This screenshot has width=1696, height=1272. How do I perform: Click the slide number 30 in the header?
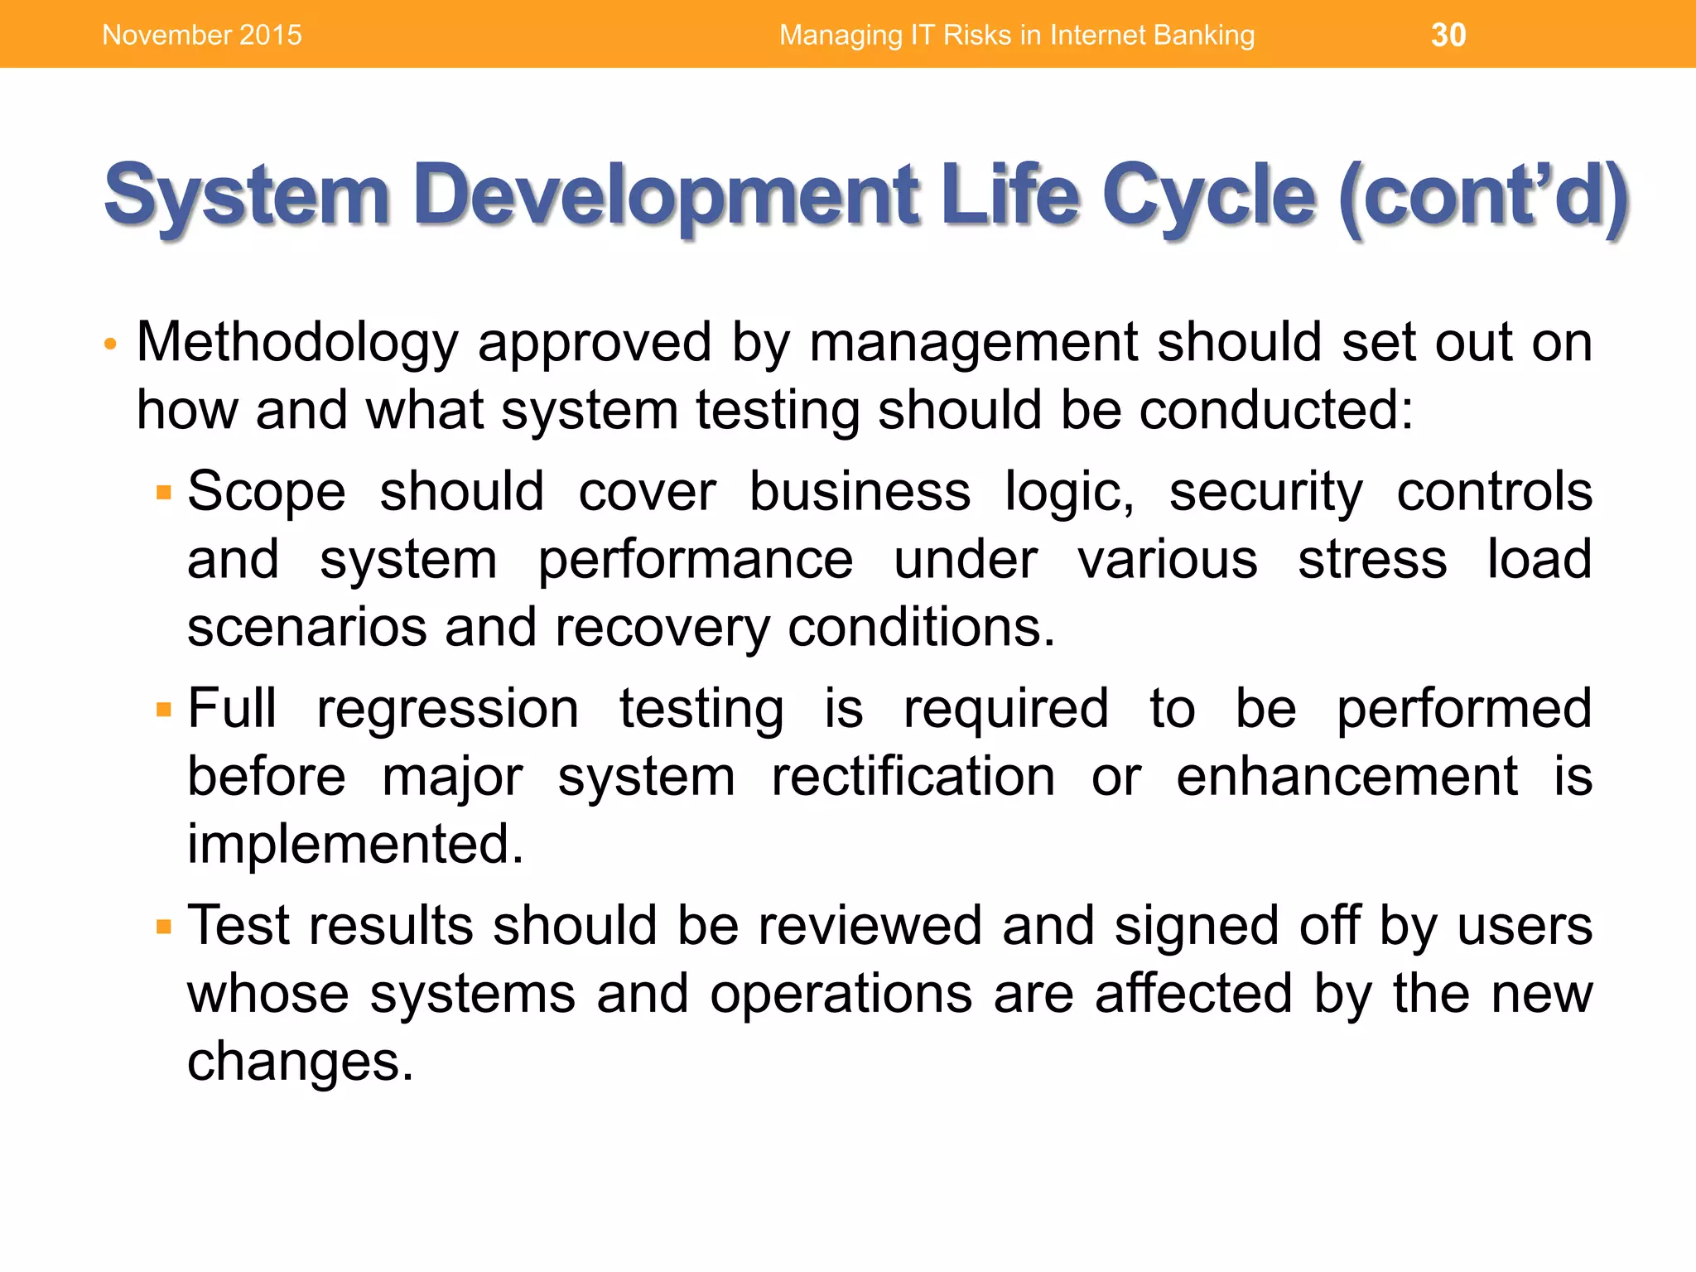coord(1448,35)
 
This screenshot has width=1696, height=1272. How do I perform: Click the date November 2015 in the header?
coord(202,35)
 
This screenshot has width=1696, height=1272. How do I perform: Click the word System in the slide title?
coord(247,195)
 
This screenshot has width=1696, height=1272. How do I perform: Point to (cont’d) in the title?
coord(1483,195)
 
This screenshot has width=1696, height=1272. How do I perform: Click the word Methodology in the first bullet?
coord(297,343)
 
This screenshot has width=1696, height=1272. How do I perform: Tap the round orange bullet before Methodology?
coord(111,344)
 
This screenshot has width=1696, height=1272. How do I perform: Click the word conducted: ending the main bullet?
coord(1276,410)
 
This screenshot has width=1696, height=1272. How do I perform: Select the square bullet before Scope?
coord(164,494)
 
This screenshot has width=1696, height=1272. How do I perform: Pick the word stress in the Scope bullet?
coord(1372,560)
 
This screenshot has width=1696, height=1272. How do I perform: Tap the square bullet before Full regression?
coord(164,711)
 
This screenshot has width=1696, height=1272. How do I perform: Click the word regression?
coord(447,711)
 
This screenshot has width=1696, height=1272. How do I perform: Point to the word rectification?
coord(913,778)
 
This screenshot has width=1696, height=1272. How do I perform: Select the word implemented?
coord(355,845)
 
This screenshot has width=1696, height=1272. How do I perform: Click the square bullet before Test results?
coord(164,927)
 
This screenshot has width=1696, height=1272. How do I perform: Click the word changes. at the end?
coord(300,1062)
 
